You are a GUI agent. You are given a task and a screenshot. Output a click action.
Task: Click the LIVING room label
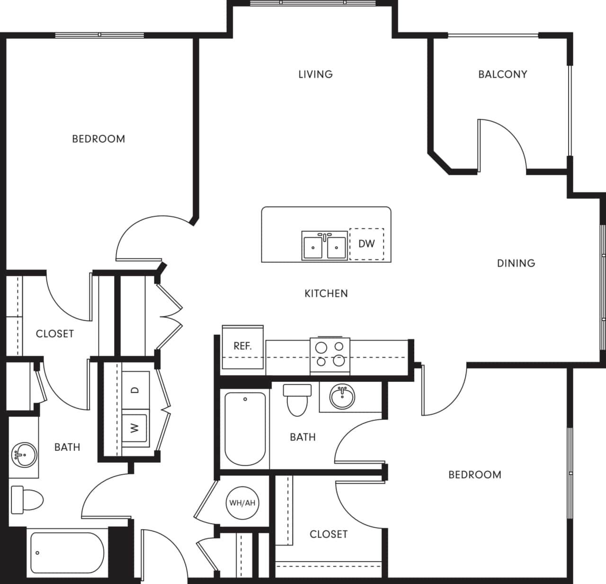click(315, 74)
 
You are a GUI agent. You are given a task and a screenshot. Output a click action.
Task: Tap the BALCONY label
click(502, 74)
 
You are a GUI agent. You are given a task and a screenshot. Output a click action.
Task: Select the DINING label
click(516, 263)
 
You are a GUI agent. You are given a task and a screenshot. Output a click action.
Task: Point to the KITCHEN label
click(326, 294)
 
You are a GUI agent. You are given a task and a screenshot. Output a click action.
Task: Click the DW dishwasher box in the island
click(366, 244)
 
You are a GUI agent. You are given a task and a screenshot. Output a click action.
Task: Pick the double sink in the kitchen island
click(324, 245)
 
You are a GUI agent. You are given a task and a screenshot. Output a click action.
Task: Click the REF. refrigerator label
click(242, 346)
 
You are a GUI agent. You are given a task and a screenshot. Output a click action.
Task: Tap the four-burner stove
click(330, 355)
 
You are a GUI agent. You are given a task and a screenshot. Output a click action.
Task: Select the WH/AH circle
click(242, 503)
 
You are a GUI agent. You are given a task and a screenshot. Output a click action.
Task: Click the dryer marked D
click(135, 390)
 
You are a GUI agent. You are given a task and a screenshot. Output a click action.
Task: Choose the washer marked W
click(135, 428)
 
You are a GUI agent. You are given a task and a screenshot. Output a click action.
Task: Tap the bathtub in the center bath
click(245, 429)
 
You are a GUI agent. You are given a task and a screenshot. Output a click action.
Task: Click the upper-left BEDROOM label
click(98, 139)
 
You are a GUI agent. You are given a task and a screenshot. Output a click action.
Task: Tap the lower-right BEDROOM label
click(474, 475)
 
